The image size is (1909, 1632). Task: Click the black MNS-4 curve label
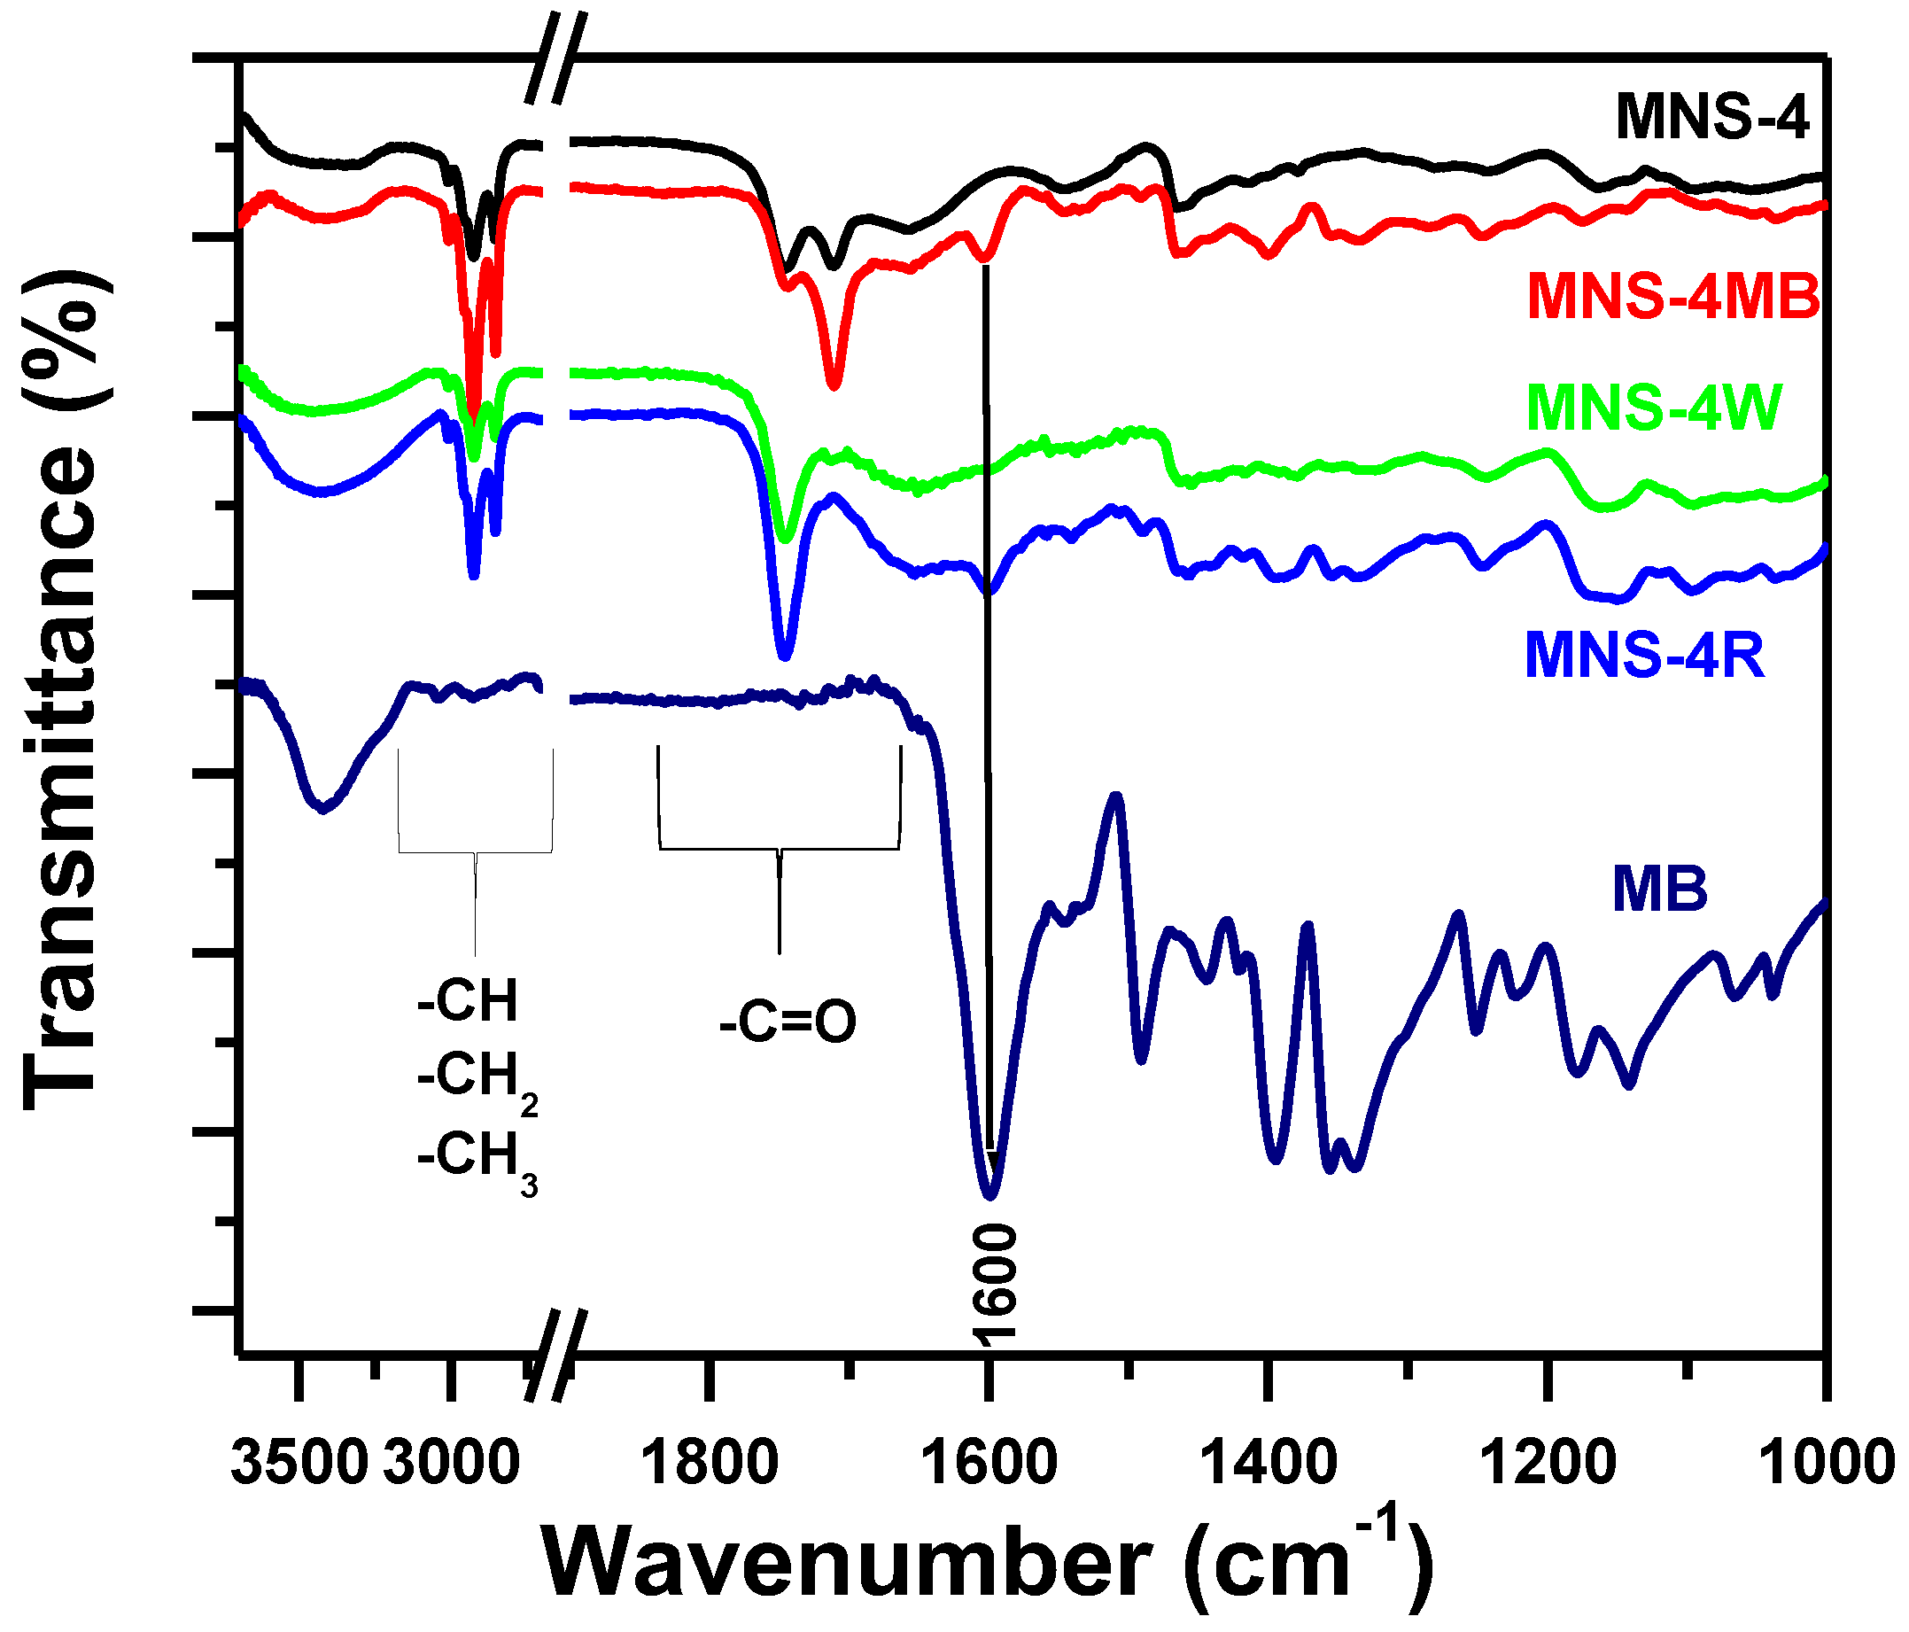1711,117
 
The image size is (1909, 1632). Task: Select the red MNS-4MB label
1673,297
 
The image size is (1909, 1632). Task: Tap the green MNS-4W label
1655,408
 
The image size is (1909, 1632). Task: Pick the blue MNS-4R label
1645,656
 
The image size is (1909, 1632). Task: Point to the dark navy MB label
1659,890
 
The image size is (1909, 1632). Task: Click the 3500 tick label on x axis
299,1464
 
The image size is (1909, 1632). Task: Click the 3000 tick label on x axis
452,1464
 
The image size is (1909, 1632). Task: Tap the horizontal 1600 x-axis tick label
989,1464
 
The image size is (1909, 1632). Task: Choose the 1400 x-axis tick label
1270,1464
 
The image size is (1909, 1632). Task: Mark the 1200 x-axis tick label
1548,1464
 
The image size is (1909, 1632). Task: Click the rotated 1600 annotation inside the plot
994,1282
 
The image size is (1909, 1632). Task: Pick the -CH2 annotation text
477,1078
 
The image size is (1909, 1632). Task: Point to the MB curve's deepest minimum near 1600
990,1196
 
